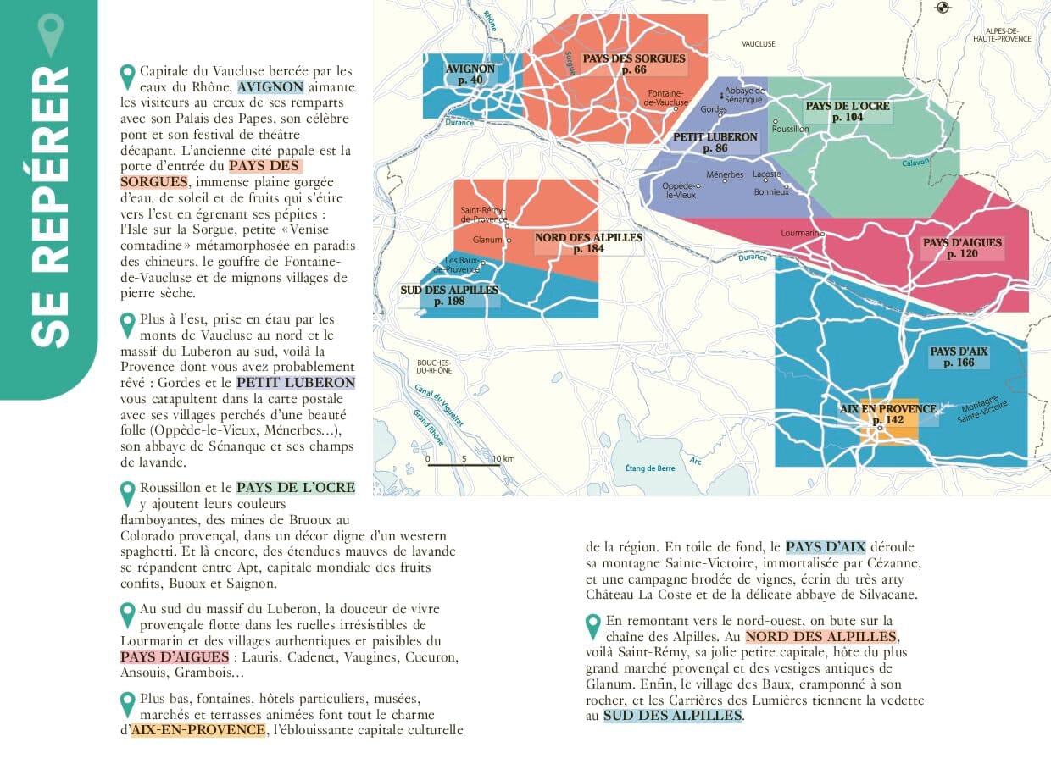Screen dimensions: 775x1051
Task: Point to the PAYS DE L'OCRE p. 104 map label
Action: pos(848,112)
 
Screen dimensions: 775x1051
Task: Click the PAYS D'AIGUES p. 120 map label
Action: pos(962,248)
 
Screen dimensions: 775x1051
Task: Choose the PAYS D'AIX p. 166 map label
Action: pos(959,357)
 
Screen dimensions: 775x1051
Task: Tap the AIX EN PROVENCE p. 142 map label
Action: pos(887,414)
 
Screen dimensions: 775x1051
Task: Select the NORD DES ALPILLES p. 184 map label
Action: pos(588,243)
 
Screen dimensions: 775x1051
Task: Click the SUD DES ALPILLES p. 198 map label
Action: pos(449,296)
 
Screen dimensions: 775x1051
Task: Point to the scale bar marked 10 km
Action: pos(464,463)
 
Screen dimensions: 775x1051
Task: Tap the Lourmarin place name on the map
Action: pos(799,233)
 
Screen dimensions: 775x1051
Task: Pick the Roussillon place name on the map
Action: pos(791,129)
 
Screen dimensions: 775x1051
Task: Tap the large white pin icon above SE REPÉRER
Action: pos(51,34)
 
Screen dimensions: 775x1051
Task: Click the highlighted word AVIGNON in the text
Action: pos(270,86)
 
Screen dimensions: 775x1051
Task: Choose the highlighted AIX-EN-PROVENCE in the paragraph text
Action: pos(198,730)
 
